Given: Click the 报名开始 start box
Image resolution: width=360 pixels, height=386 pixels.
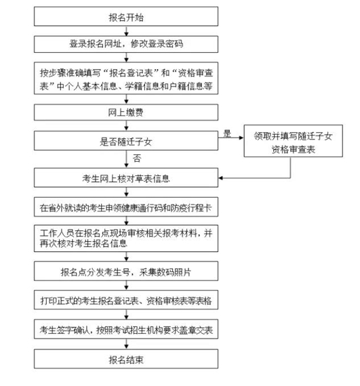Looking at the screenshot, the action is coord(126,16).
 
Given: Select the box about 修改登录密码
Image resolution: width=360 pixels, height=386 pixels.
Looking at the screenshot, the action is coord(126,44).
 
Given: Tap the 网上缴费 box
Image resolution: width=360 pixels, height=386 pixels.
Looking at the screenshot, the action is coord(126,112).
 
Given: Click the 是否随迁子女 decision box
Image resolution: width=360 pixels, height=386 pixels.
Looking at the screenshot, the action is coord(126,141).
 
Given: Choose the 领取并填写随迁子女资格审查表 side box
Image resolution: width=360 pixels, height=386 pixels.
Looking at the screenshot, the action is coord(294,141).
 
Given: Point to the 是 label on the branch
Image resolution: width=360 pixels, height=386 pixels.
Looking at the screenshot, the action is coord(227,134).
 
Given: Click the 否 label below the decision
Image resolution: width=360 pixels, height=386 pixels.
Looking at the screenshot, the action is coord(137,158).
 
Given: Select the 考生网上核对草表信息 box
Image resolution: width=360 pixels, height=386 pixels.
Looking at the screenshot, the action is coord(126,177).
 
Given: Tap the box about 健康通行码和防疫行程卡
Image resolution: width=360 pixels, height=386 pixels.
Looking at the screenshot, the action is coord(126,207).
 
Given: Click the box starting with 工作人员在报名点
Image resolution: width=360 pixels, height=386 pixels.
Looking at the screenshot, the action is coord(126,238).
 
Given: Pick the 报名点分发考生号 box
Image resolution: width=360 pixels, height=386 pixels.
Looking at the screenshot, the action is coord(126,271).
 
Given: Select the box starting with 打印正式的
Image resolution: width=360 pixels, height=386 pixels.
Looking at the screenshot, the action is coord(126,300).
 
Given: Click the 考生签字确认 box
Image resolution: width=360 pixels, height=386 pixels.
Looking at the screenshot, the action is coord(126,329).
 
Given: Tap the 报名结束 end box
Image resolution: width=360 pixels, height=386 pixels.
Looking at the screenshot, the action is coord(126,359).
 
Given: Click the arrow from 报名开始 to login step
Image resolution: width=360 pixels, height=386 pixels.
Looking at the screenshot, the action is coord(126,31).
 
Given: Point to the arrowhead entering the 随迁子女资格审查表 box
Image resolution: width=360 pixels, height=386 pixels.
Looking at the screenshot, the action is coord(241,137).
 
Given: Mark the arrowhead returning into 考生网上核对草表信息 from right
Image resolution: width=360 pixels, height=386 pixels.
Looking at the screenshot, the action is coord(221,177).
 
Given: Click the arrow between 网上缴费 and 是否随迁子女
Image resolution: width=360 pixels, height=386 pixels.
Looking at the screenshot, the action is coord(126,126).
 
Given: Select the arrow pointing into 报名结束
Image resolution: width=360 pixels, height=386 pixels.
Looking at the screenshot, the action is coord(126,344).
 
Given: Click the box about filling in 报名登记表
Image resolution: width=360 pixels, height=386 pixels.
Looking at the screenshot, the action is coord(126,79).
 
